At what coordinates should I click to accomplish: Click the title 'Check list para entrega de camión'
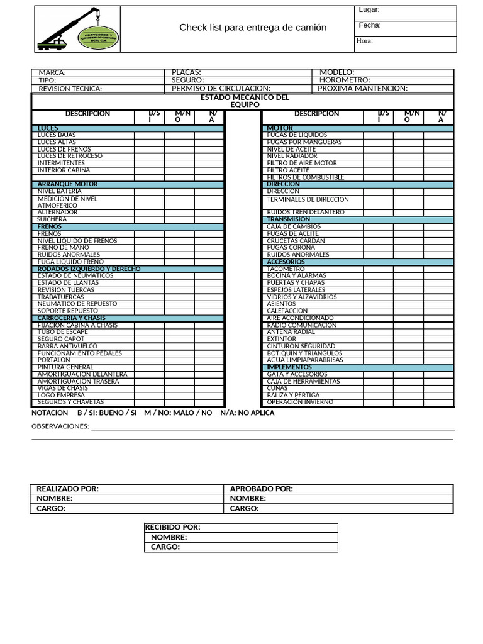pyautogui.click(x=253, y=28)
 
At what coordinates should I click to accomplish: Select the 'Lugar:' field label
pyautogui.click(x=369, y=10)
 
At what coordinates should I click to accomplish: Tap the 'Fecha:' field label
pyautogui.click(x=370, y=26)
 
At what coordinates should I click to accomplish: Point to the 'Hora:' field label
pyautogui.click(x=365, y=42)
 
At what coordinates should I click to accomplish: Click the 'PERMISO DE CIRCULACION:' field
pyautogui.click(x=221, y=89)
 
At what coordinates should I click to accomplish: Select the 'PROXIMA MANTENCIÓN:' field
pyautogui.click(x=362, y=89)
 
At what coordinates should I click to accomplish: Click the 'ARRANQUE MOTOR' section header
pyautogui.click(x=68, y=184)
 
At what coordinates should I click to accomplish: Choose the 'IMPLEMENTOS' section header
pyautogui.click(x=289, y=367)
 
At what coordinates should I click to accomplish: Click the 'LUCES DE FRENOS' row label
pyautogui.click(x=64, y=149)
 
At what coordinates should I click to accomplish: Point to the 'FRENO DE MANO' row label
pyautogui.click(x=63, y=248)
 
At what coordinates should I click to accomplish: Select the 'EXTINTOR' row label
pyautogui.click(x=281, y=339)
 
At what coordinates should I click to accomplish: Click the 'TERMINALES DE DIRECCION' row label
pyautogui.click(x=308, y=199)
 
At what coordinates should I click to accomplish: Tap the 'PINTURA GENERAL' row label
pyautogui.click(x=65, y=367)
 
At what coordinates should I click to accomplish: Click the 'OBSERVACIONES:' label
pyautogui.click(x=60, y=426)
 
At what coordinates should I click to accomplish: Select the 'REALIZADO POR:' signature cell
pyautogui.click(x=67, y=489)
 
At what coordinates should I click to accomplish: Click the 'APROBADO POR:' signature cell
pyautogui.click(x=261, y=489)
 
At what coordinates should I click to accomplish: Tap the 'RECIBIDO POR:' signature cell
pyautogui.click(x=173, y=528)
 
